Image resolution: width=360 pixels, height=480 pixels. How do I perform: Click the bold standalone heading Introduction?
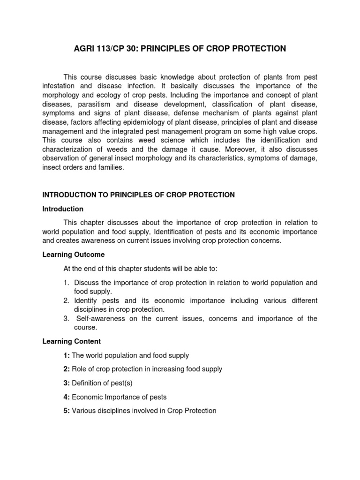click(x=63, y=209)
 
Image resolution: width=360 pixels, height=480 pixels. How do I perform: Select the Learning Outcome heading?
click(x=74, y=255)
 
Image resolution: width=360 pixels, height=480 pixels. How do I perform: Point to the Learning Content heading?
click(x=71, y=341)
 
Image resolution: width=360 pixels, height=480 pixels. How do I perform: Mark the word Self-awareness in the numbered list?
click(x=99, y=319)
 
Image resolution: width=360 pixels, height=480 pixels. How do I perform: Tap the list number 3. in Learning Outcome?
click(x=67, y=319)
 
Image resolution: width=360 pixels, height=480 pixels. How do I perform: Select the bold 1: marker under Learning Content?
click(x=67, y=356)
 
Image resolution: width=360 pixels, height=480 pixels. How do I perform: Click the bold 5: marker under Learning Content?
click(x=67, y=411)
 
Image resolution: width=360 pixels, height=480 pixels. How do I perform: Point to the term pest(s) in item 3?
click(x=121, y=383)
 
